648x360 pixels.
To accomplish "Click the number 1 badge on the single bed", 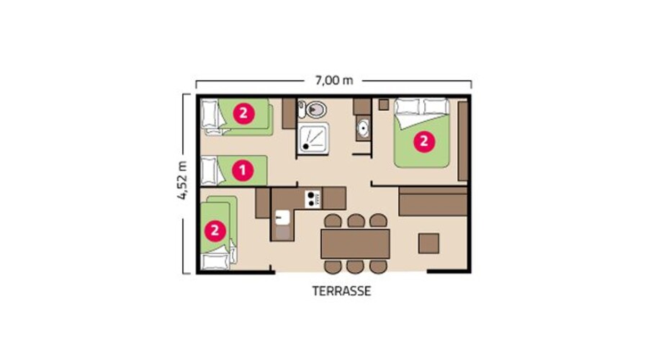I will (243, 171).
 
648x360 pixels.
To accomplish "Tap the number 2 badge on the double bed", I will (423, 141).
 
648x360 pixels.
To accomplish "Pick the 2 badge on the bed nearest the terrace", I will (214, 230).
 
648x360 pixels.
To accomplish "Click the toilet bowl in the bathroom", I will (314, 110).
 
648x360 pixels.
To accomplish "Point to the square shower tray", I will (313, 137).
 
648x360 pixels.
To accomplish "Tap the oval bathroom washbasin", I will (361, 129).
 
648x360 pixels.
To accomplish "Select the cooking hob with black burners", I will (313, 197).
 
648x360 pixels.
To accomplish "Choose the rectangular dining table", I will (354, 243).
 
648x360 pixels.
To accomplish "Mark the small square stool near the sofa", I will (429, 243).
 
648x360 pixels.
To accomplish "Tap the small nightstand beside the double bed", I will (383, 104).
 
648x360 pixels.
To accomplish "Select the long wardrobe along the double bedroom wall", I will (463, 140).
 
